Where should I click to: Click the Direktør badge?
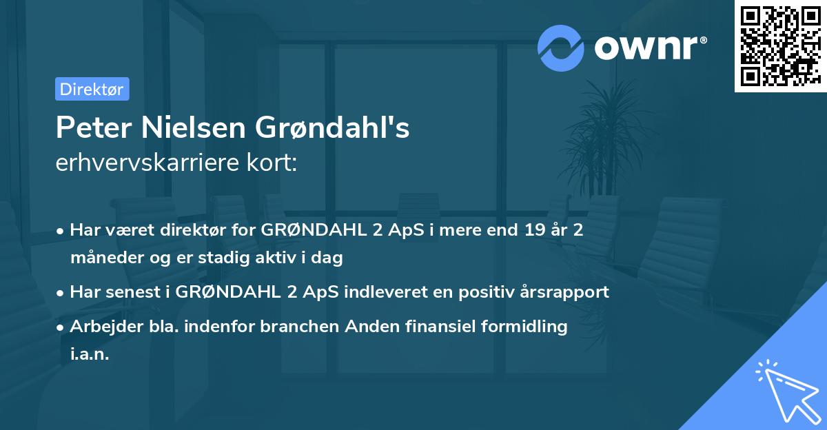coord(92,89)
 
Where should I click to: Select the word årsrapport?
coord(563,291)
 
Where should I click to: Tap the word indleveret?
coord(387,291)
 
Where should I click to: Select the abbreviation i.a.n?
coord(90,355)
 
